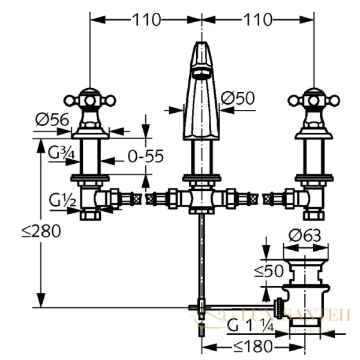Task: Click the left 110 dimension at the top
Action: (x=146, y=20)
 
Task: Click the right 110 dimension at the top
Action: (x=258, y=20)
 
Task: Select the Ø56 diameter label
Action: (x=51, y=120)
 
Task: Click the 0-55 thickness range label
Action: (x=145, y=157)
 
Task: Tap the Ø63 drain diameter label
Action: (x=301, y=236)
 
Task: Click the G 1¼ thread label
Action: (x=249, y=326)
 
